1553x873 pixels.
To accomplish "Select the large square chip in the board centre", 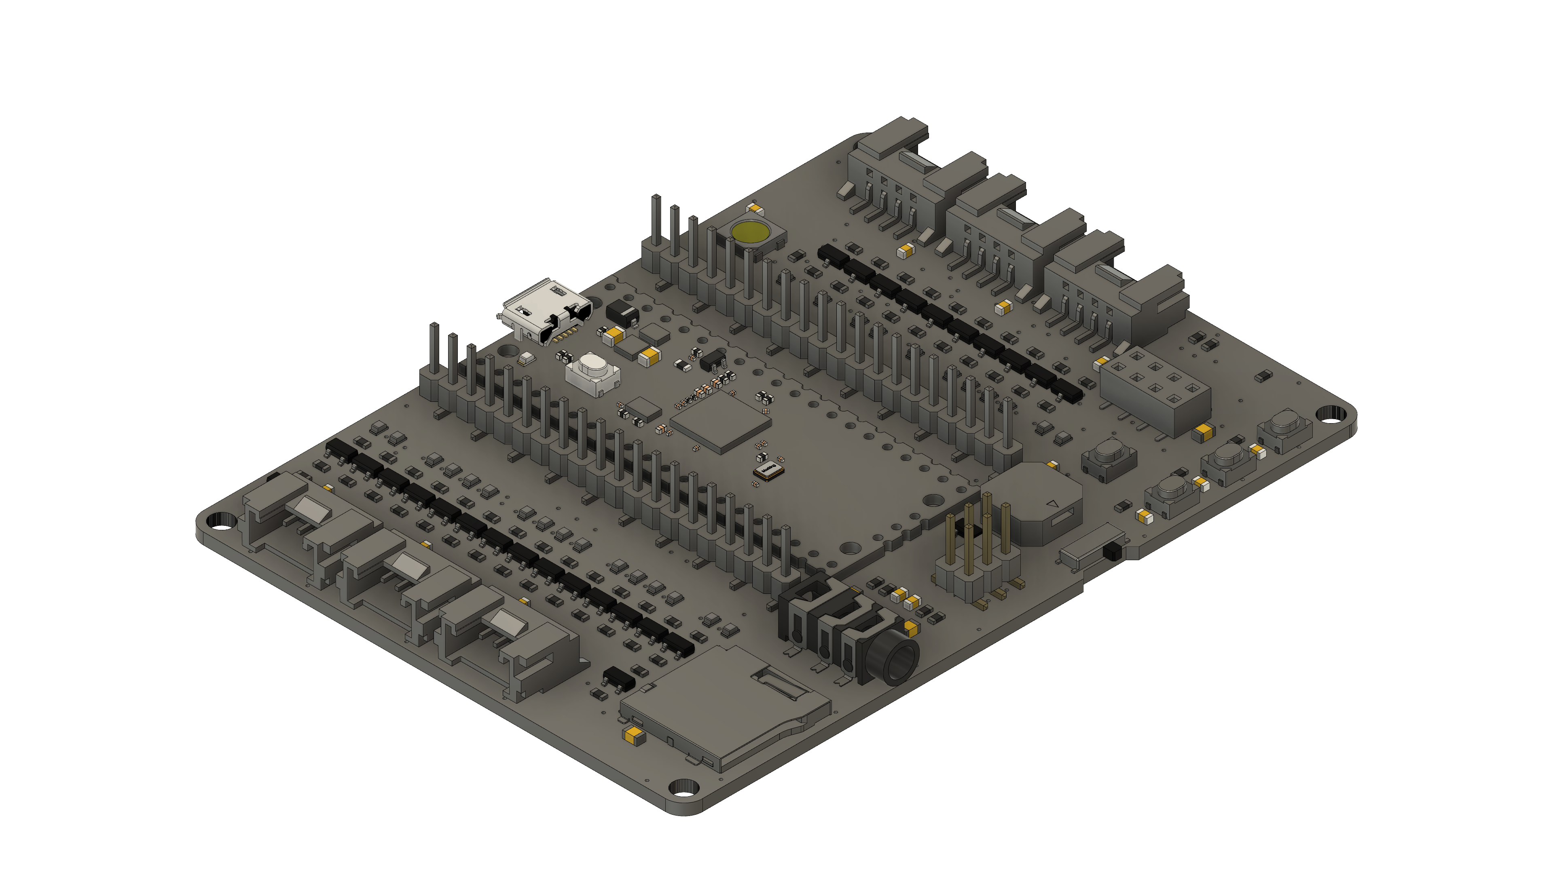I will [720, 422].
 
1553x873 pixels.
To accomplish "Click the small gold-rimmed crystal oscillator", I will [769, 470].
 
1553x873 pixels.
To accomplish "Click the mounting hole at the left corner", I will [221, 522].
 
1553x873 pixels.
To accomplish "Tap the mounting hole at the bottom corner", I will [683, 787].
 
